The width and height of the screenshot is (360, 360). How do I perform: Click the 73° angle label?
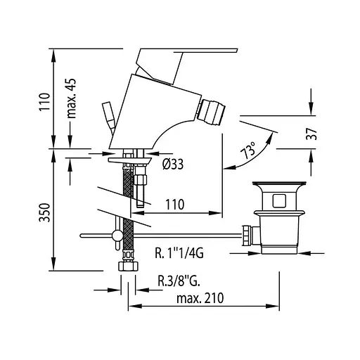[x=248, y=150]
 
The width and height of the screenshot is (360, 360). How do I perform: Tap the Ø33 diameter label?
[x=173, y=164]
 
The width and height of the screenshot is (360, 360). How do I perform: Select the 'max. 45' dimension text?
[x=72, y=98]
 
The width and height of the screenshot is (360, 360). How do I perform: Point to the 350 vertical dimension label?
[x=44, y=212]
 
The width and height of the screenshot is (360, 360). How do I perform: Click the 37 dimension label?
[x=311, y=134]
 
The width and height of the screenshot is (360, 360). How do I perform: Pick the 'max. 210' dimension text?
[x=200, y=298]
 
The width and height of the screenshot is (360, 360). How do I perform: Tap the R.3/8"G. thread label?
[x=179, y=281]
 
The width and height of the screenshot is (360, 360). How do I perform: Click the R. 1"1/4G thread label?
[x=179, y=253]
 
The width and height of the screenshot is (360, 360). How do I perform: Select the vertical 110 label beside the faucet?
[x=44, y=102]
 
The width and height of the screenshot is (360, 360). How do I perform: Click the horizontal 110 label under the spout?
[x=175, y=205]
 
